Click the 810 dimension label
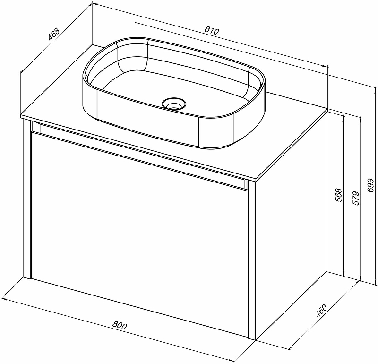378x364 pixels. [x=212, y=31]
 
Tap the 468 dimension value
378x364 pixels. [x=53, y=34]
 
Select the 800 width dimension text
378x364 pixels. [x=120, y=326]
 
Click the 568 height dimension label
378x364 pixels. [x=339, y=195]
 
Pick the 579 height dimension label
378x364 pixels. [x=356, y=198]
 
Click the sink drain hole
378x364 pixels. [x=173, y=104]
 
